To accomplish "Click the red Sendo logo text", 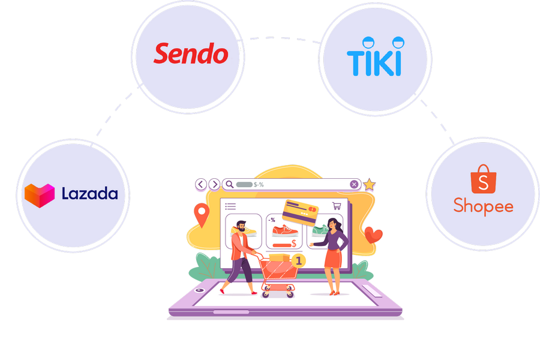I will pyautogui.click(x=191, y=53).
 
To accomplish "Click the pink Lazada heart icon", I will pyautogui.click(x=40, y=195).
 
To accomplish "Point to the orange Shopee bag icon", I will pyautogui.click(x=483, y=179).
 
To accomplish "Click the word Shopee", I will pyautogui.click(x=483, y=206).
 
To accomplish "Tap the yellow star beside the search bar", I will pyautogui.click(x=369, y=185).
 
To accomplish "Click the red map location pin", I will pyautogui.click(x=202, y=215).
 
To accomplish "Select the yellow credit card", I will pyautogui.click(x=301, y=212).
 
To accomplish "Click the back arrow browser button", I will pyautogui.click(x=201, y=184).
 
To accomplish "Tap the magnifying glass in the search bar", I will pyautogui.click(x=228, y=184).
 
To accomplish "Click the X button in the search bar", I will pyautogui.click(x=354, y=184).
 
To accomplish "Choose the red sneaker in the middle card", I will pyautogui.click(x=284, y=231).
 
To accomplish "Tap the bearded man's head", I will pyautogui.click(x=239, y=227).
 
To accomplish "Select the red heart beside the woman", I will pyautogui.click(x=373, y=233).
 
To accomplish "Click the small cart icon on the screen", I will pyautogui.click(x=337, y=205).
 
